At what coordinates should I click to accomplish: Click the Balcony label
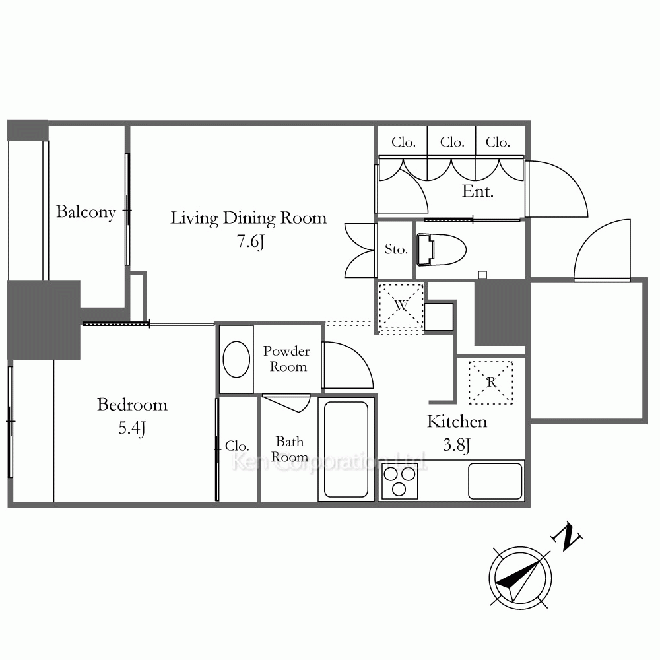pos(86,212)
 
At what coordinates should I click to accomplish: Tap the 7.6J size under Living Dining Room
pos(251,241)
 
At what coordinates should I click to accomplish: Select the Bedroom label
pos(132,405)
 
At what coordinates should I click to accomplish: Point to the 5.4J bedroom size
pos(132,428)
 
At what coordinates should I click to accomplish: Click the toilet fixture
pos(441,250)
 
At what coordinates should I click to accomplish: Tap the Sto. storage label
pos(396,249)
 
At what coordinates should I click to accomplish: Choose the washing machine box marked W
pos(401,306)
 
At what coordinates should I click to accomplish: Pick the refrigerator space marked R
pos(491,382)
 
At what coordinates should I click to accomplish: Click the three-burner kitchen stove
pos(399,480)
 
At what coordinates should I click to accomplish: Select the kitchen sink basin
pos(495,481)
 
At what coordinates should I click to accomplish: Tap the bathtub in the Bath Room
pos(346,449)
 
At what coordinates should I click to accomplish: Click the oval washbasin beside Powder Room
pos(236,359)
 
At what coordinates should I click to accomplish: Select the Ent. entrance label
pos(478,191)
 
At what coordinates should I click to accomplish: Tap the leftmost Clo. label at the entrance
pos(404,143)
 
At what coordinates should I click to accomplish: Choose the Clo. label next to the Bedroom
pos(237,445)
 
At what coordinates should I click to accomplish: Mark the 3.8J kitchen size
pos(457,445)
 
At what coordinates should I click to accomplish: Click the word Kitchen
pos(457,422)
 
